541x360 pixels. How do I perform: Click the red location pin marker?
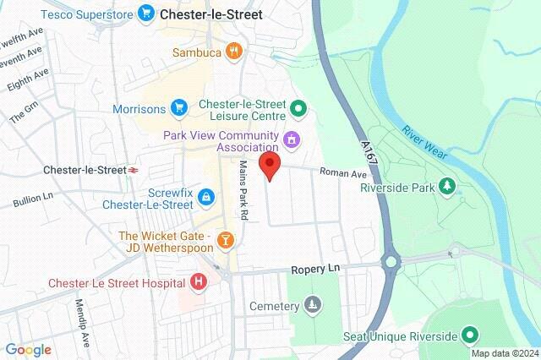click(x=270, y=166)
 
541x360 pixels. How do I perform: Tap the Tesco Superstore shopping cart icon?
click(x=147, y=13)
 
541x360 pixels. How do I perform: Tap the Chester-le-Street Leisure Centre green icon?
click(x=298, y=108)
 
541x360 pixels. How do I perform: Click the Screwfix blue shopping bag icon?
click(x=207, y=197)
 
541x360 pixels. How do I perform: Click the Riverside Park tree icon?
click(x=447, y=186)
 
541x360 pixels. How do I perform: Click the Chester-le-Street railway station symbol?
click(x=134, y=170)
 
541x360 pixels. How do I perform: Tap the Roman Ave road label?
click(x=342, y=173)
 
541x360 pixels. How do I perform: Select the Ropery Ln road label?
click(x=314, y=268)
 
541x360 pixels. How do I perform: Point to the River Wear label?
click(x=424, y=144)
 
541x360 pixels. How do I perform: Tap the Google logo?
click(x=28, y=349)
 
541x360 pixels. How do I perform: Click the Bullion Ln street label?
click(x=32, y=200)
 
